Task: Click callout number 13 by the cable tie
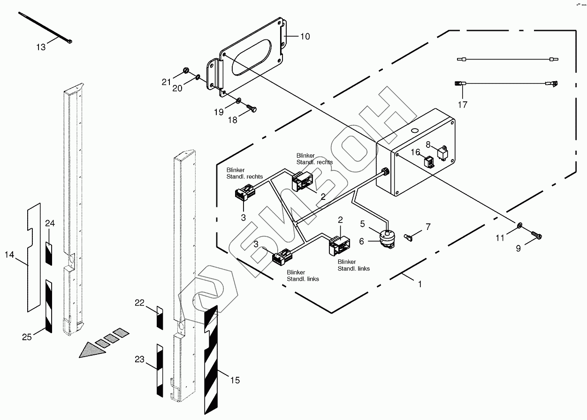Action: pos(41,47)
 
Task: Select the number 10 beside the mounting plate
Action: pos(305,37)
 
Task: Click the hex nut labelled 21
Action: pos(186,71)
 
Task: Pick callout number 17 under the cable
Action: pos(463,105)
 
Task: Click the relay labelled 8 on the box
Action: pos(442,153)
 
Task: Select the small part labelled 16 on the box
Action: pos(428,162)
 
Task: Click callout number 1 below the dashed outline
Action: pos(420,284)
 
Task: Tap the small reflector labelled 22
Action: pos(159,318)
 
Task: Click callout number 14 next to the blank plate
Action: pos(9,255)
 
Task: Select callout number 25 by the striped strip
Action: pos(27,336)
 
